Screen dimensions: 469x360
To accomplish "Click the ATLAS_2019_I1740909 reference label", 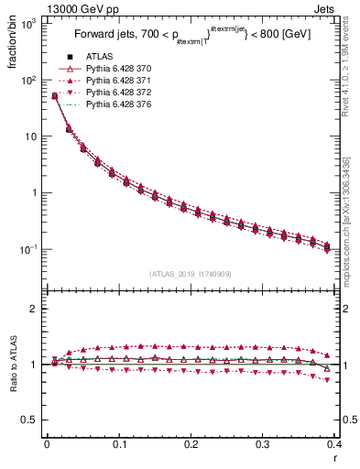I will point(191,274).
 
